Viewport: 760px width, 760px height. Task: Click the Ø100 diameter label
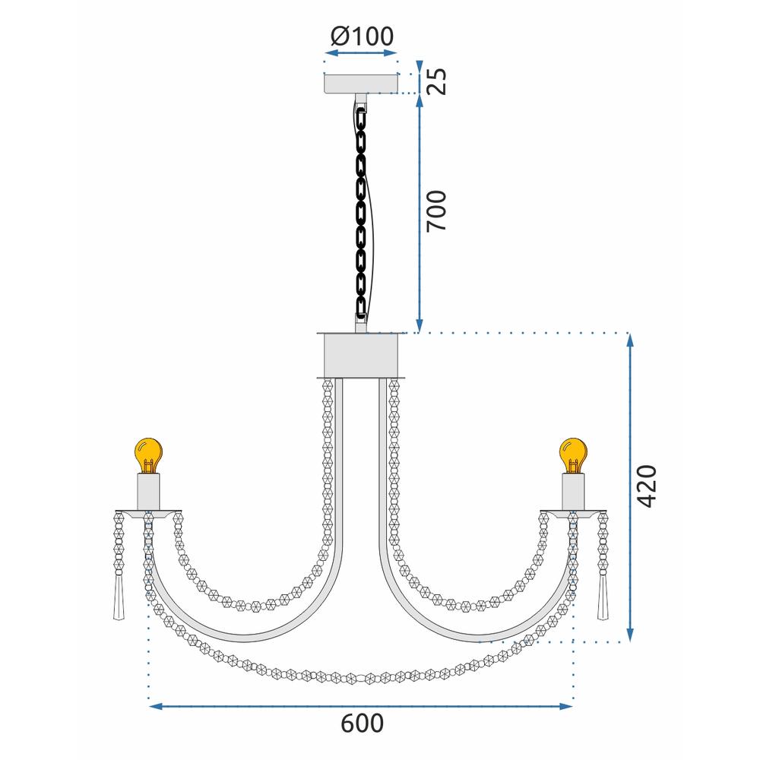362,36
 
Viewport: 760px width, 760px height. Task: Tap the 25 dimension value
435,81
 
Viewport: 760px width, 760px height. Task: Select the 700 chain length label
435,211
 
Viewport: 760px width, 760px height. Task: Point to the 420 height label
646,486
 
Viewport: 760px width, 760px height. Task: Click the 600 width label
362,724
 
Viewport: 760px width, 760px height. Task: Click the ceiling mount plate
360,83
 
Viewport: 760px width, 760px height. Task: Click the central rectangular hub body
360,355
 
